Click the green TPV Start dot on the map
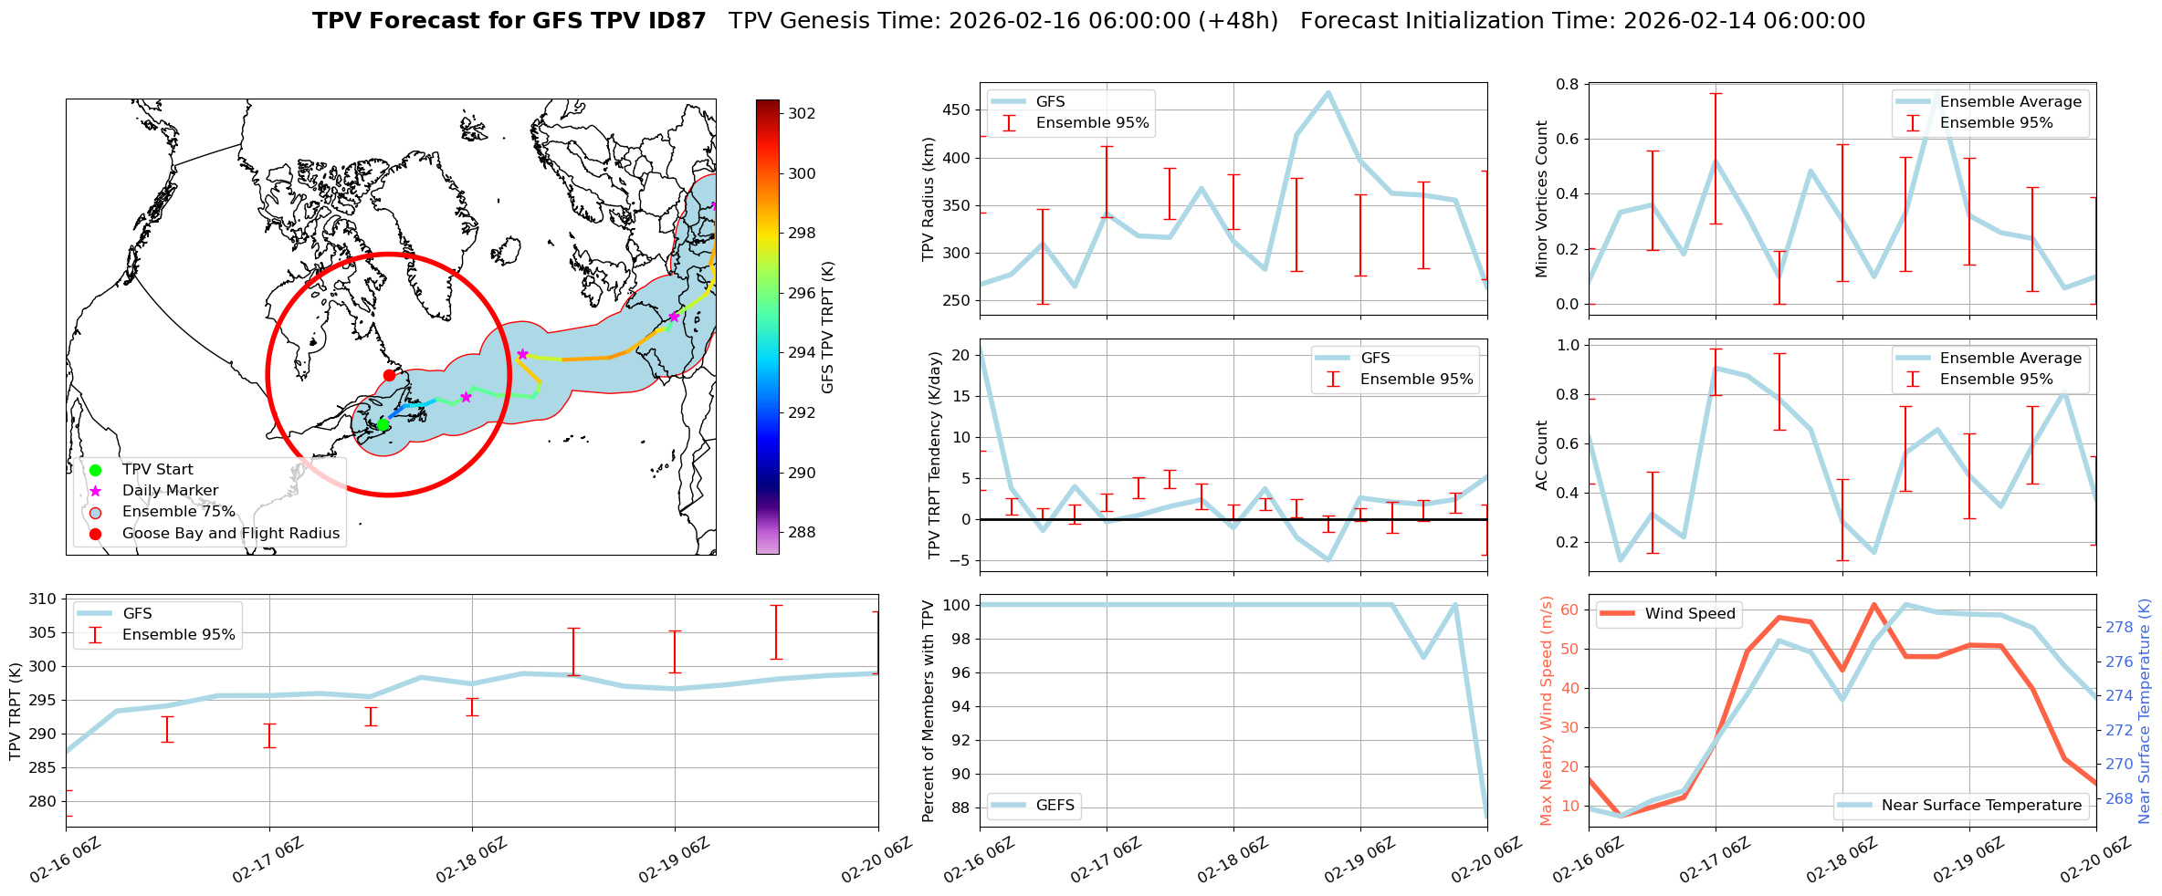383,425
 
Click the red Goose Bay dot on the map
389,375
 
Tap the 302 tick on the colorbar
802,113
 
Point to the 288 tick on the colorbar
802,532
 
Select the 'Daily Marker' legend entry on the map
170,491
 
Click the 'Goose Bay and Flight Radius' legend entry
230,533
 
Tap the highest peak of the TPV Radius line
1328,92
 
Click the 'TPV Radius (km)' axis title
929,199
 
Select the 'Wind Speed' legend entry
1689,614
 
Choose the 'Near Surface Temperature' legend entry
1981,805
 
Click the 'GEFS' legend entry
1055,805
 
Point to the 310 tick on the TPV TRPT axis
44,599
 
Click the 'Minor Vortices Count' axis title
1541,199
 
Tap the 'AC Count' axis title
1541,455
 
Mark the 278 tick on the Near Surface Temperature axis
2119,627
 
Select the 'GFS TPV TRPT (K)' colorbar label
828,328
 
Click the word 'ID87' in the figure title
674,21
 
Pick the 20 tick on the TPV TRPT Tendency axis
960,355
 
